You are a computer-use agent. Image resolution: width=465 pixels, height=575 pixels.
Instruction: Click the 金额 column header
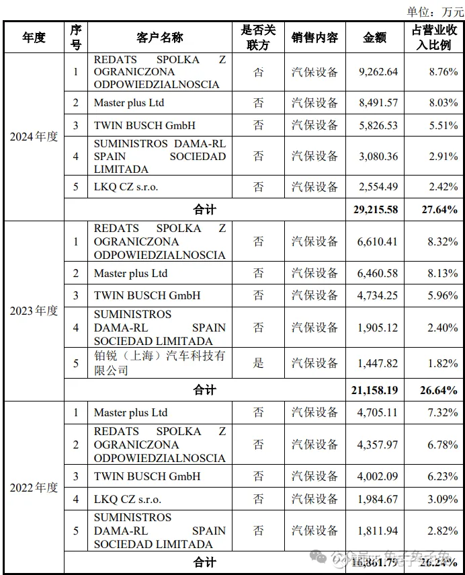coord(375,38)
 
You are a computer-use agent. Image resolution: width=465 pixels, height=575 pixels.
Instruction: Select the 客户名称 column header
coord(159,38)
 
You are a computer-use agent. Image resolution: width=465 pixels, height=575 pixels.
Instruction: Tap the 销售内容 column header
coord(314,38)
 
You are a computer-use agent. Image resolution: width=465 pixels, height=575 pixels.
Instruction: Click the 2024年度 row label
coord(34,137)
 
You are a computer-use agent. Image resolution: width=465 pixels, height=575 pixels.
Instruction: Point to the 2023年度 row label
coord(34,311)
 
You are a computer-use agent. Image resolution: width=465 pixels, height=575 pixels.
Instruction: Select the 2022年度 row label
coord(34,487)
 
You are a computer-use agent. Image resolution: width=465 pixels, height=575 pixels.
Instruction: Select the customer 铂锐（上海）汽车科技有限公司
coord(159,363)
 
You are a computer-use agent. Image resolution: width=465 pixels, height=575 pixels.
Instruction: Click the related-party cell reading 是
coord(259,363)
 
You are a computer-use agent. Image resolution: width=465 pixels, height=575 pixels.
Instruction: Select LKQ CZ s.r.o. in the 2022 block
coord(126,499)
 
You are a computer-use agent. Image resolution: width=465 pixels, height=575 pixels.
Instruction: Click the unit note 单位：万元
coord(433,11)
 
